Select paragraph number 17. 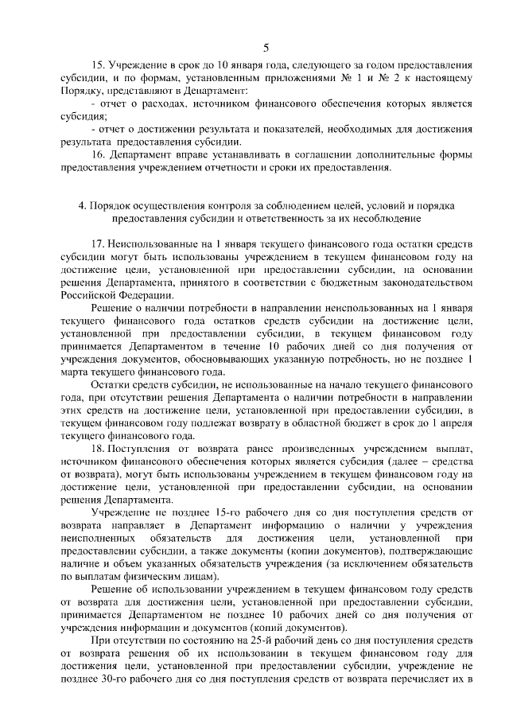(99, 242)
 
